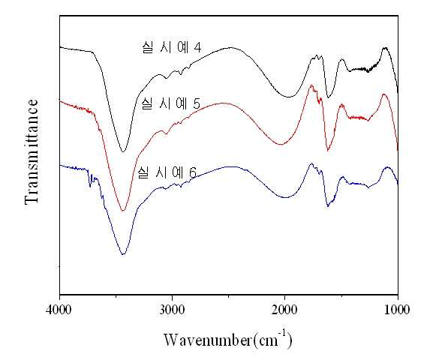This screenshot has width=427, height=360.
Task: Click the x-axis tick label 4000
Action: [x=59, y=310]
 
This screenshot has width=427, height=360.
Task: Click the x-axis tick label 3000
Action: [x=172, y=310]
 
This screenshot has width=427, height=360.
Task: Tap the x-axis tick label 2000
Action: [x=284, y=310]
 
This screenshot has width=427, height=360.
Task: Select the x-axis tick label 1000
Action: [x=397, y=310]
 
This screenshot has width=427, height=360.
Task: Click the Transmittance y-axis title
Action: [x=32, y=151]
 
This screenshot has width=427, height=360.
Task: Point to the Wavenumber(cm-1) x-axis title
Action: [x=228, y=339]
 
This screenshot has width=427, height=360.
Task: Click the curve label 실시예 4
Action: [x=172, y=47]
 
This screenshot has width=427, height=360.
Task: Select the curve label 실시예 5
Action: [x=171, y=103]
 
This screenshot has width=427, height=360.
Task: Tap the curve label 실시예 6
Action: [x=167, y=172]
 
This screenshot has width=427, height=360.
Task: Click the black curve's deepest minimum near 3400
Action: [x=123, y=151]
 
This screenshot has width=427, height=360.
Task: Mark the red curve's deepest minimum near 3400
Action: [x=123, y=210]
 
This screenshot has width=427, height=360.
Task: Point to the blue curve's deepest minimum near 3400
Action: [x=123, y=254]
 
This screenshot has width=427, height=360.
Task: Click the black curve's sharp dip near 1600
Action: [x=328, y=97]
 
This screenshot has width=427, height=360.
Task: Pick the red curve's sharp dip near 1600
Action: [x=328, y=151]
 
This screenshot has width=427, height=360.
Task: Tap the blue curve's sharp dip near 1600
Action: [x=328, y=206]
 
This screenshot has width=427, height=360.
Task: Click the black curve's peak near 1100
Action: [x=385, y=48]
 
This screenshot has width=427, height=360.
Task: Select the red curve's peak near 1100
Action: [x=384, y=94]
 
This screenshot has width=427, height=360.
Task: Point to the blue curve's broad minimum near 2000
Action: [x=285, y=197]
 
